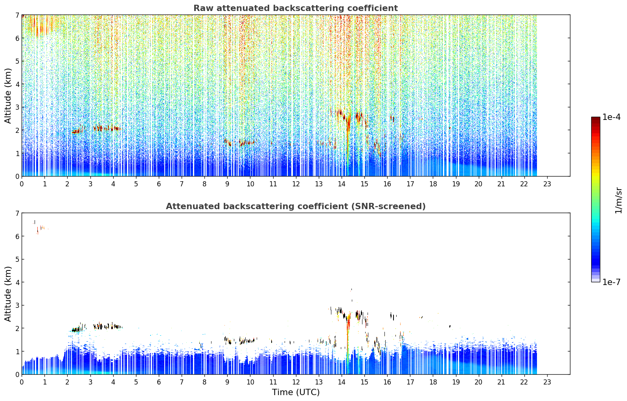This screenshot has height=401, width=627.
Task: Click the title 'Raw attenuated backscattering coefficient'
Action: [296, 8]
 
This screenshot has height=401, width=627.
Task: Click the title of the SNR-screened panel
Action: [296, 206]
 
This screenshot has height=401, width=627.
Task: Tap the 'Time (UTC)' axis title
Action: [296, 392]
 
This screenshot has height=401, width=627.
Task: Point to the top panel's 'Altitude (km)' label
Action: [8, 96]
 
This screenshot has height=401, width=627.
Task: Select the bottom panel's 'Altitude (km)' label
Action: [8, 294]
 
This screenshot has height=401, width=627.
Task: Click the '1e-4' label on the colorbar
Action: [611, 117]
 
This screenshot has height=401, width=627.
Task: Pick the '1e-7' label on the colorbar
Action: [611, 282]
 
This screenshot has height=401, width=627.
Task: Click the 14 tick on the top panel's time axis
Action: [342, 184]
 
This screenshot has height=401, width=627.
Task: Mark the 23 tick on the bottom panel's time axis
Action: [547, 382]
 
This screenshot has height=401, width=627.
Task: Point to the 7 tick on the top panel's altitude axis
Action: [17, 15]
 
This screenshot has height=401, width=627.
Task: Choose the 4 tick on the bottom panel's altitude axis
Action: [17, 282]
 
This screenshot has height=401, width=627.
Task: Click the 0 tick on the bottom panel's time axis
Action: [22, 382]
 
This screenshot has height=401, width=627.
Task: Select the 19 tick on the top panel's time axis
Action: [456, 184]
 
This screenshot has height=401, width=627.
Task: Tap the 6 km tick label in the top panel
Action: [17, 38]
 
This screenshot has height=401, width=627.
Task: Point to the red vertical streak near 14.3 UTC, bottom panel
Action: [348, 339]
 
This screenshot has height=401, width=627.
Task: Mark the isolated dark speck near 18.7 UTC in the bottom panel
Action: [450, 326]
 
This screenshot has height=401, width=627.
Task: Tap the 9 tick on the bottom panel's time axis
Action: [227, 382]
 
